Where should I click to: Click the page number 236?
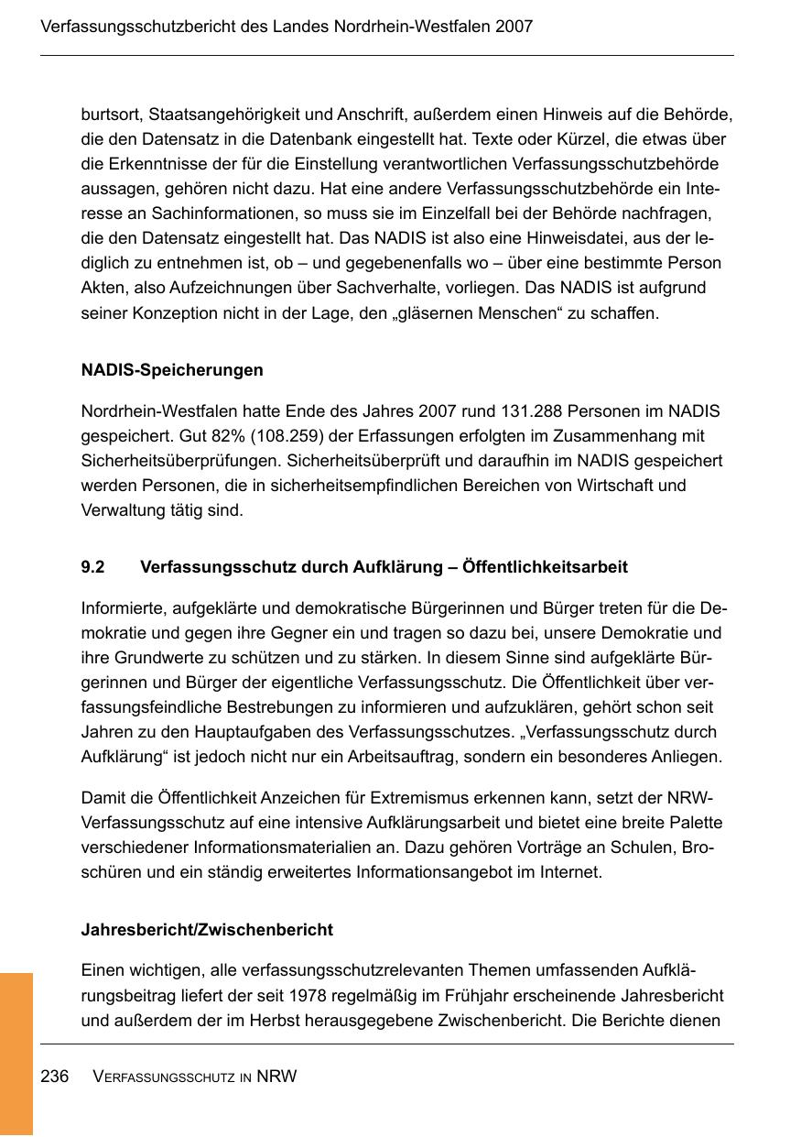(x=55, y=1077)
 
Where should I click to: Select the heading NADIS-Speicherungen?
(x=172, y=370)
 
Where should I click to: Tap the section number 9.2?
(x=92, y=567)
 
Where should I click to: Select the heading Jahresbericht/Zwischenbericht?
(x=207, y=930)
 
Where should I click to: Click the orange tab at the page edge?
(x=16, y=1054)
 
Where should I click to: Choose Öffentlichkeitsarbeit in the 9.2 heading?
(x=546, y=567)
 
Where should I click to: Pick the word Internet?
(x=572, y=871)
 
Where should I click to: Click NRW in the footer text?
(x=277, y=1077)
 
